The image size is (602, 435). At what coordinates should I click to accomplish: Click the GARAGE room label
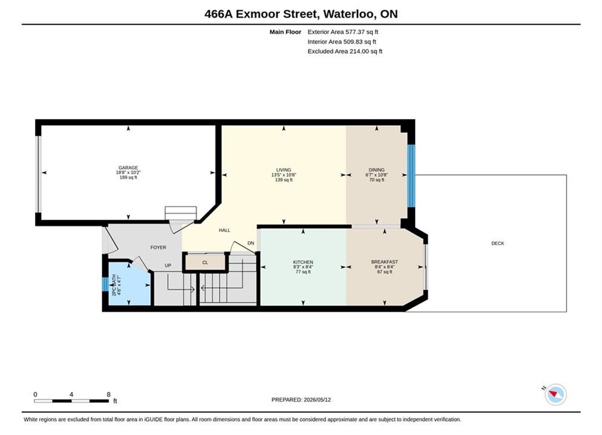(128, 168)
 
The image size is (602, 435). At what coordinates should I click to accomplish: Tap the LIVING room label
(284, 170)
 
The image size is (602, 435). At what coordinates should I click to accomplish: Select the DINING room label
(377, 170)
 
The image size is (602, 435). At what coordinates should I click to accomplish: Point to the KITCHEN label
(303, 262)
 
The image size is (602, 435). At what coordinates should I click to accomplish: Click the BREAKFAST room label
(385, 262)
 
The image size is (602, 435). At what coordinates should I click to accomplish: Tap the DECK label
(498, 243)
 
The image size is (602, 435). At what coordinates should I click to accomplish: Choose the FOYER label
(159, 248)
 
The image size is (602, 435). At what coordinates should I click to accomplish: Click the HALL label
(224, 230)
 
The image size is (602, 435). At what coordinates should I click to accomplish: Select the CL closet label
(205, 263)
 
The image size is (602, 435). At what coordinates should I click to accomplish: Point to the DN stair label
(250, 243)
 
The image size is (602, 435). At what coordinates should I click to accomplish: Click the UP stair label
(168, 266)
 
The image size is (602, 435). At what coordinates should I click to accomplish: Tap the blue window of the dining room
(411, 176)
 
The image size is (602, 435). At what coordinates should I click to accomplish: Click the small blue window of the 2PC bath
(105, 284)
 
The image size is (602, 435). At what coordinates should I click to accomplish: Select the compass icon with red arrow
(555, 395)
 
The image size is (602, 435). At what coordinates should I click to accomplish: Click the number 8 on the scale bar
(109, 395)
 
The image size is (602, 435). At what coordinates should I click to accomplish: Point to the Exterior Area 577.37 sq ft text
(343, 32)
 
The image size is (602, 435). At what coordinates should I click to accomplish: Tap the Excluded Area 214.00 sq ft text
(345, 51)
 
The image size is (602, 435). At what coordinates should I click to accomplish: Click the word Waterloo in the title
(349, 14)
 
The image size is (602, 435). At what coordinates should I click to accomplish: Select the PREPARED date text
(301, 400)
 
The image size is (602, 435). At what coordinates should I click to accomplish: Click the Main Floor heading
(285, 32)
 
